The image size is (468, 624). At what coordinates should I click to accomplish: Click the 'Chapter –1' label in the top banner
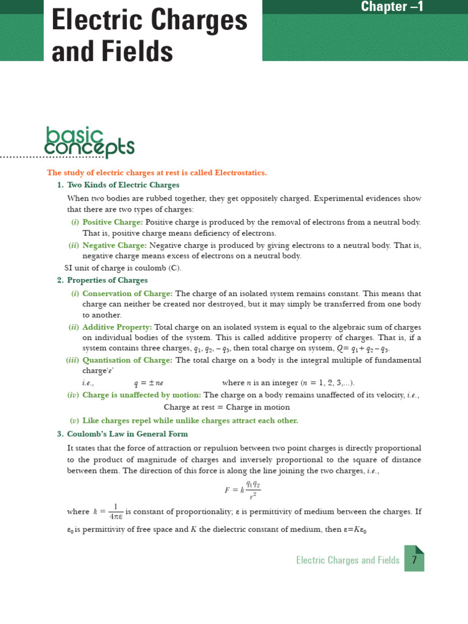pos(400,7)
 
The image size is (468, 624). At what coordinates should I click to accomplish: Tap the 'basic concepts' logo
pos(90,141)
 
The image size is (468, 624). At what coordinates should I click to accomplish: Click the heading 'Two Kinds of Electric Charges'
pos(123,185)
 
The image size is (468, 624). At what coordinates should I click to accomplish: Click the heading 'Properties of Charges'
pos(107,280)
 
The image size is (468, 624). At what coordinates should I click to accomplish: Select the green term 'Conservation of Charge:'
pos(127,293)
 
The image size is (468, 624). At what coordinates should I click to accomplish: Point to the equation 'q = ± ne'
pos(149,383)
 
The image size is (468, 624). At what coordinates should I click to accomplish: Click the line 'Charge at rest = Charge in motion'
pos(227,407)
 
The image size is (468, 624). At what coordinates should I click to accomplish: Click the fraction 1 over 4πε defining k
pos(115,512)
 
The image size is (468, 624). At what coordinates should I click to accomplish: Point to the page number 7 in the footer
pos(414,560)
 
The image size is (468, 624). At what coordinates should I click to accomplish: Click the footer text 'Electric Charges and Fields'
pos(347,560)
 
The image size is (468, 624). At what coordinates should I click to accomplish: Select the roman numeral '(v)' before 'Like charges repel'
pos(74,420)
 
